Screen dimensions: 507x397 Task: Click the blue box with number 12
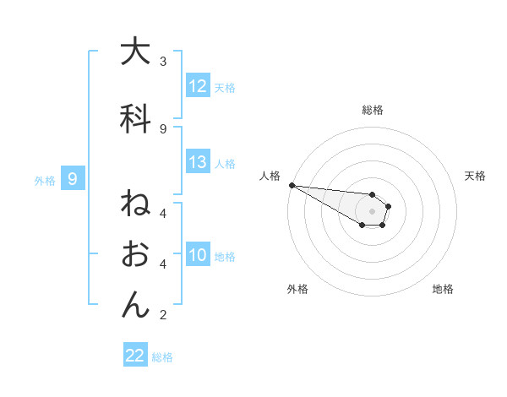[198, 86]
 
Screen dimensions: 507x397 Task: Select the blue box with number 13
[198, 163]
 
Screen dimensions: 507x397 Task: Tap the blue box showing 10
[198, 256]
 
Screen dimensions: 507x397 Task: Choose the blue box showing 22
[135, 356]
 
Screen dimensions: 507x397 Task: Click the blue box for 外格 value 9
[73, 179]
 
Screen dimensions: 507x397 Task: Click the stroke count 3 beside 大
[163, 61]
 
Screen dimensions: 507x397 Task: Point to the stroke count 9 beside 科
[163, 128]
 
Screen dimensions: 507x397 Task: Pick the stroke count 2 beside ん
[163, 316]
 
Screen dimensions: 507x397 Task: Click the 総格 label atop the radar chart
[372, 110]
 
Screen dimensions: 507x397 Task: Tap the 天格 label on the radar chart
[476, 176]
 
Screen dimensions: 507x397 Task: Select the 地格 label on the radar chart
[443, 290]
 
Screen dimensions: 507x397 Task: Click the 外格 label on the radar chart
[297, 290]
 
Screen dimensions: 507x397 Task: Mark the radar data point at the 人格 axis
[291, 184]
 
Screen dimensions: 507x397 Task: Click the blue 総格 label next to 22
[162, 357]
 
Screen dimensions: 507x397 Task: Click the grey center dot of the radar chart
[372, 211]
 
